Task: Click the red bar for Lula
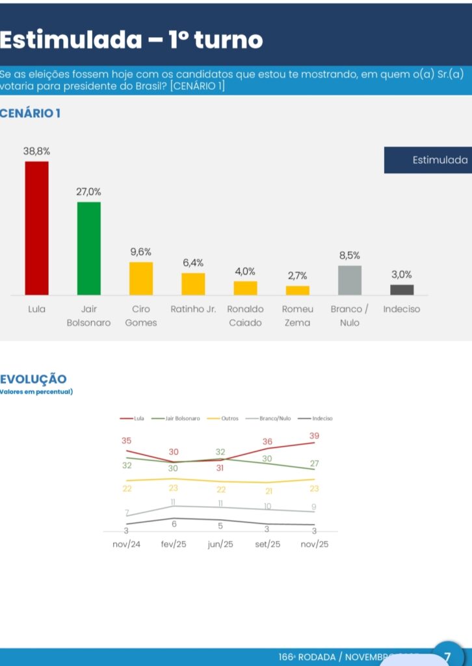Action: [36, 228]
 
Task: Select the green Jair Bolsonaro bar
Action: [89, 248]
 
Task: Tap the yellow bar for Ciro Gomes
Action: [141, 278]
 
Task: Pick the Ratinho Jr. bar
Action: [193, 284]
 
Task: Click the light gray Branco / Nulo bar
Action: [350, 280]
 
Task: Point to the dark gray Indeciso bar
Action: [402, 289]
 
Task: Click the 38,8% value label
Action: [37, 151]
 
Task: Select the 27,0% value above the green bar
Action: [89, 192]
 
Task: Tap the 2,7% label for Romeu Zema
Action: [297, 276]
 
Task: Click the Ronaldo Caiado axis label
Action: [245, 315]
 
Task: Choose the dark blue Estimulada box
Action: [428, 160]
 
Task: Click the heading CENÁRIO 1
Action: [31, 114]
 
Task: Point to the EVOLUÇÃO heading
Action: [33, 379]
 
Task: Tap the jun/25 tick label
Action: [220, 544]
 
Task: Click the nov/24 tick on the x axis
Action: [126, 544]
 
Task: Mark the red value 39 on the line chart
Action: [315, 435]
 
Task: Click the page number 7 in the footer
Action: [447, 657]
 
